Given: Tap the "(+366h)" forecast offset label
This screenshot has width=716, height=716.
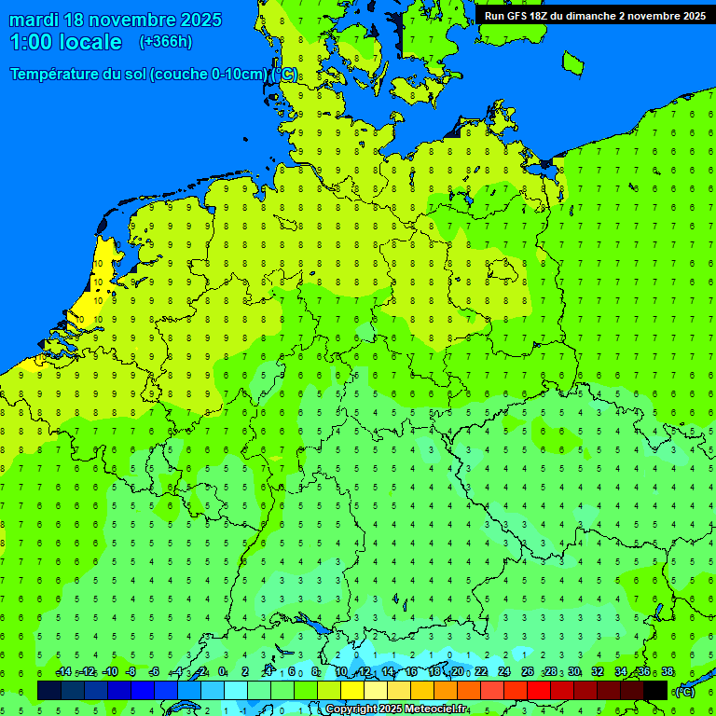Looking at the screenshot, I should pyautogui.click(x=165, y=42).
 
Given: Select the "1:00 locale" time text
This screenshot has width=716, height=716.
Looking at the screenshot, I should pyautogui.click(x=65, y=42).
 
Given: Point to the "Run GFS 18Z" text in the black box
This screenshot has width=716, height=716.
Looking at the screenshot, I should pyautogui.click(x=520, y=16).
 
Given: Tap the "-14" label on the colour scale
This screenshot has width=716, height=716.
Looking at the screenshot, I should pyautogui.click(x=63, y=672).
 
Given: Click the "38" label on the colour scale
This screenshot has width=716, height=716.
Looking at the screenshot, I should pyautogui.click(x=668, y=672).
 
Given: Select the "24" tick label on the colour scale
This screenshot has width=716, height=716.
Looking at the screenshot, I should pyautogui.click(x=504, y=672).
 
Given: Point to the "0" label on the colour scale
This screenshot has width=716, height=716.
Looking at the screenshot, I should pyautogui.click(x=222, y=672).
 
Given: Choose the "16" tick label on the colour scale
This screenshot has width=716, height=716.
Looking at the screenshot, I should pyautogui.click(x=411, y=672).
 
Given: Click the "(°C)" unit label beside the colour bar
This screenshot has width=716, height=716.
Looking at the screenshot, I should pyautogui.click(x=684, y=691).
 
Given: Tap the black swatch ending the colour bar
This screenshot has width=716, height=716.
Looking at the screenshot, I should pyautogui.click(x=655, y=690).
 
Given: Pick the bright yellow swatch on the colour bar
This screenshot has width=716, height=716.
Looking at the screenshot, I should pyautogui.click(x=352, y=690).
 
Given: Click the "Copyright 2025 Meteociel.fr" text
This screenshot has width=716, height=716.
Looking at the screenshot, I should pyautogui.click(x=396, y=709).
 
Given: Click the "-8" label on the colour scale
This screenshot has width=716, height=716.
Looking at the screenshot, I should pyautogui.click(x=131, y=672).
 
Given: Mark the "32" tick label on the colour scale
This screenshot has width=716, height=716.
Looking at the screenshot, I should pyautogui.click(x=598, y=672).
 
